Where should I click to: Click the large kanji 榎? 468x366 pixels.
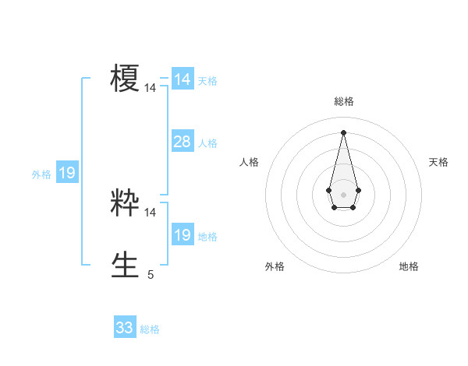click(x=125, y=79)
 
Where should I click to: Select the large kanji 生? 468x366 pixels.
click(x=125, y=264)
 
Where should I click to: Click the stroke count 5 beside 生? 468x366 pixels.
click(x=151, y=274)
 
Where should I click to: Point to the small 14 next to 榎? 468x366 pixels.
click(x=151, y=89)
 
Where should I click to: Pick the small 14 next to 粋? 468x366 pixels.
click(x=151, y=212)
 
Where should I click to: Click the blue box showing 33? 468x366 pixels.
click(x=125, y=328)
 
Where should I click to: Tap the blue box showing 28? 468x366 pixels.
click(x=182, y=141)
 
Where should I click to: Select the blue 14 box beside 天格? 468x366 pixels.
click(x=182, y=79)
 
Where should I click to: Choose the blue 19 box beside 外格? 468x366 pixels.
click(x=67, y=173)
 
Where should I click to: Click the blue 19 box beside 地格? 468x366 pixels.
click(x=182, y=235)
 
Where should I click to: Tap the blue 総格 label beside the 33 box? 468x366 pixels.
click(x=150, y=329)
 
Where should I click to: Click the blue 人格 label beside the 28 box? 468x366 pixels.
click(x=207, y=143)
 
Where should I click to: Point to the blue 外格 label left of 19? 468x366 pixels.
click(x=41, y=175)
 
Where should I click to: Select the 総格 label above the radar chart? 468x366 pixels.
click(x=343, y=101)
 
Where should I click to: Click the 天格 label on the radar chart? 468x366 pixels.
click(x=438, y=162)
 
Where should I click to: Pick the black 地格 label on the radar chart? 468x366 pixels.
click(x=409, y=267)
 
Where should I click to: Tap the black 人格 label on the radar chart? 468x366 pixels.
click(x=250, y=162)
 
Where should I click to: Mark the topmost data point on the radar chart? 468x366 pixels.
click(x=343, y=132)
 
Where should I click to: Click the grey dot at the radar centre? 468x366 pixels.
click(x=343, y=193)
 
